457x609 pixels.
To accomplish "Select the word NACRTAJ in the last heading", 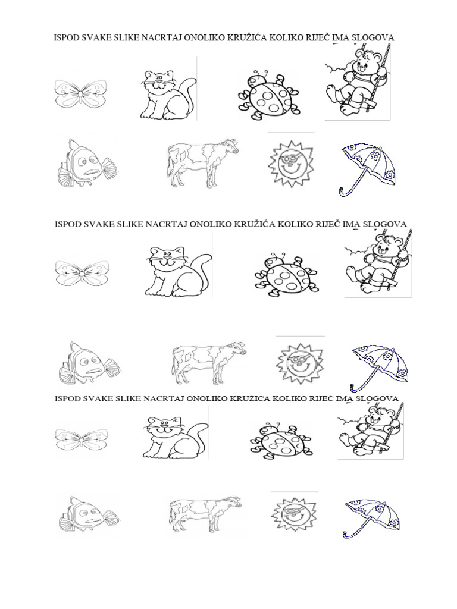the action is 164,398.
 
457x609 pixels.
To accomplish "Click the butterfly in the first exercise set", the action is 80,93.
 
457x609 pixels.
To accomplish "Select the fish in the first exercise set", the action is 87,164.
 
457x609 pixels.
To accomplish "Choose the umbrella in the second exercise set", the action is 379,368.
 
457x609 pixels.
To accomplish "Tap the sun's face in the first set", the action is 290,163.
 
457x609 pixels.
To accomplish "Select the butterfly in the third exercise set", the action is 82,440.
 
